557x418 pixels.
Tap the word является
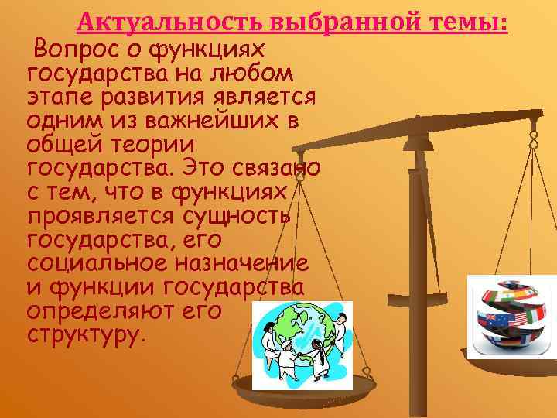pos(262,98)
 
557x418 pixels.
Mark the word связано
pos(270,168)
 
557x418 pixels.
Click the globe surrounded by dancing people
pos(302,340)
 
